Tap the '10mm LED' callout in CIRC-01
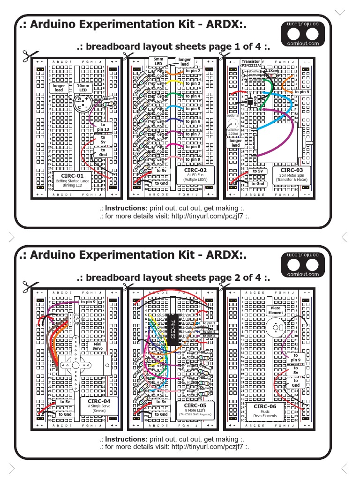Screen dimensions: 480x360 click(83, 88)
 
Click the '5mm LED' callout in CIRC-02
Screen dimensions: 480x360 click(158, 61)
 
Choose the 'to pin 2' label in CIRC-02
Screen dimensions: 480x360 click(192, 71)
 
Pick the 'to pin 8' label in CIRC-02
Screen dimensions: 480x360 click(192, 147)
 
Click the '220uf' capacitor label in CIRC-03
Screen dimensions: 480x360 click(233, 134)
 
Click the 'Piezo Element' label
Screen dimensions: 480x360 click(276, 310)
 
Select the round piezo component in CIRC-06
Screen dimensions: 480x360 click(275, 327)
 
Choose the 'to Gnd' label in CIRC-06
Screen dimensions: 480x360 click(295, 383)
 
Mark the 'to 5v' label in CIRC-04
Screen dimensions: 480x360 click(64, 402)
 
